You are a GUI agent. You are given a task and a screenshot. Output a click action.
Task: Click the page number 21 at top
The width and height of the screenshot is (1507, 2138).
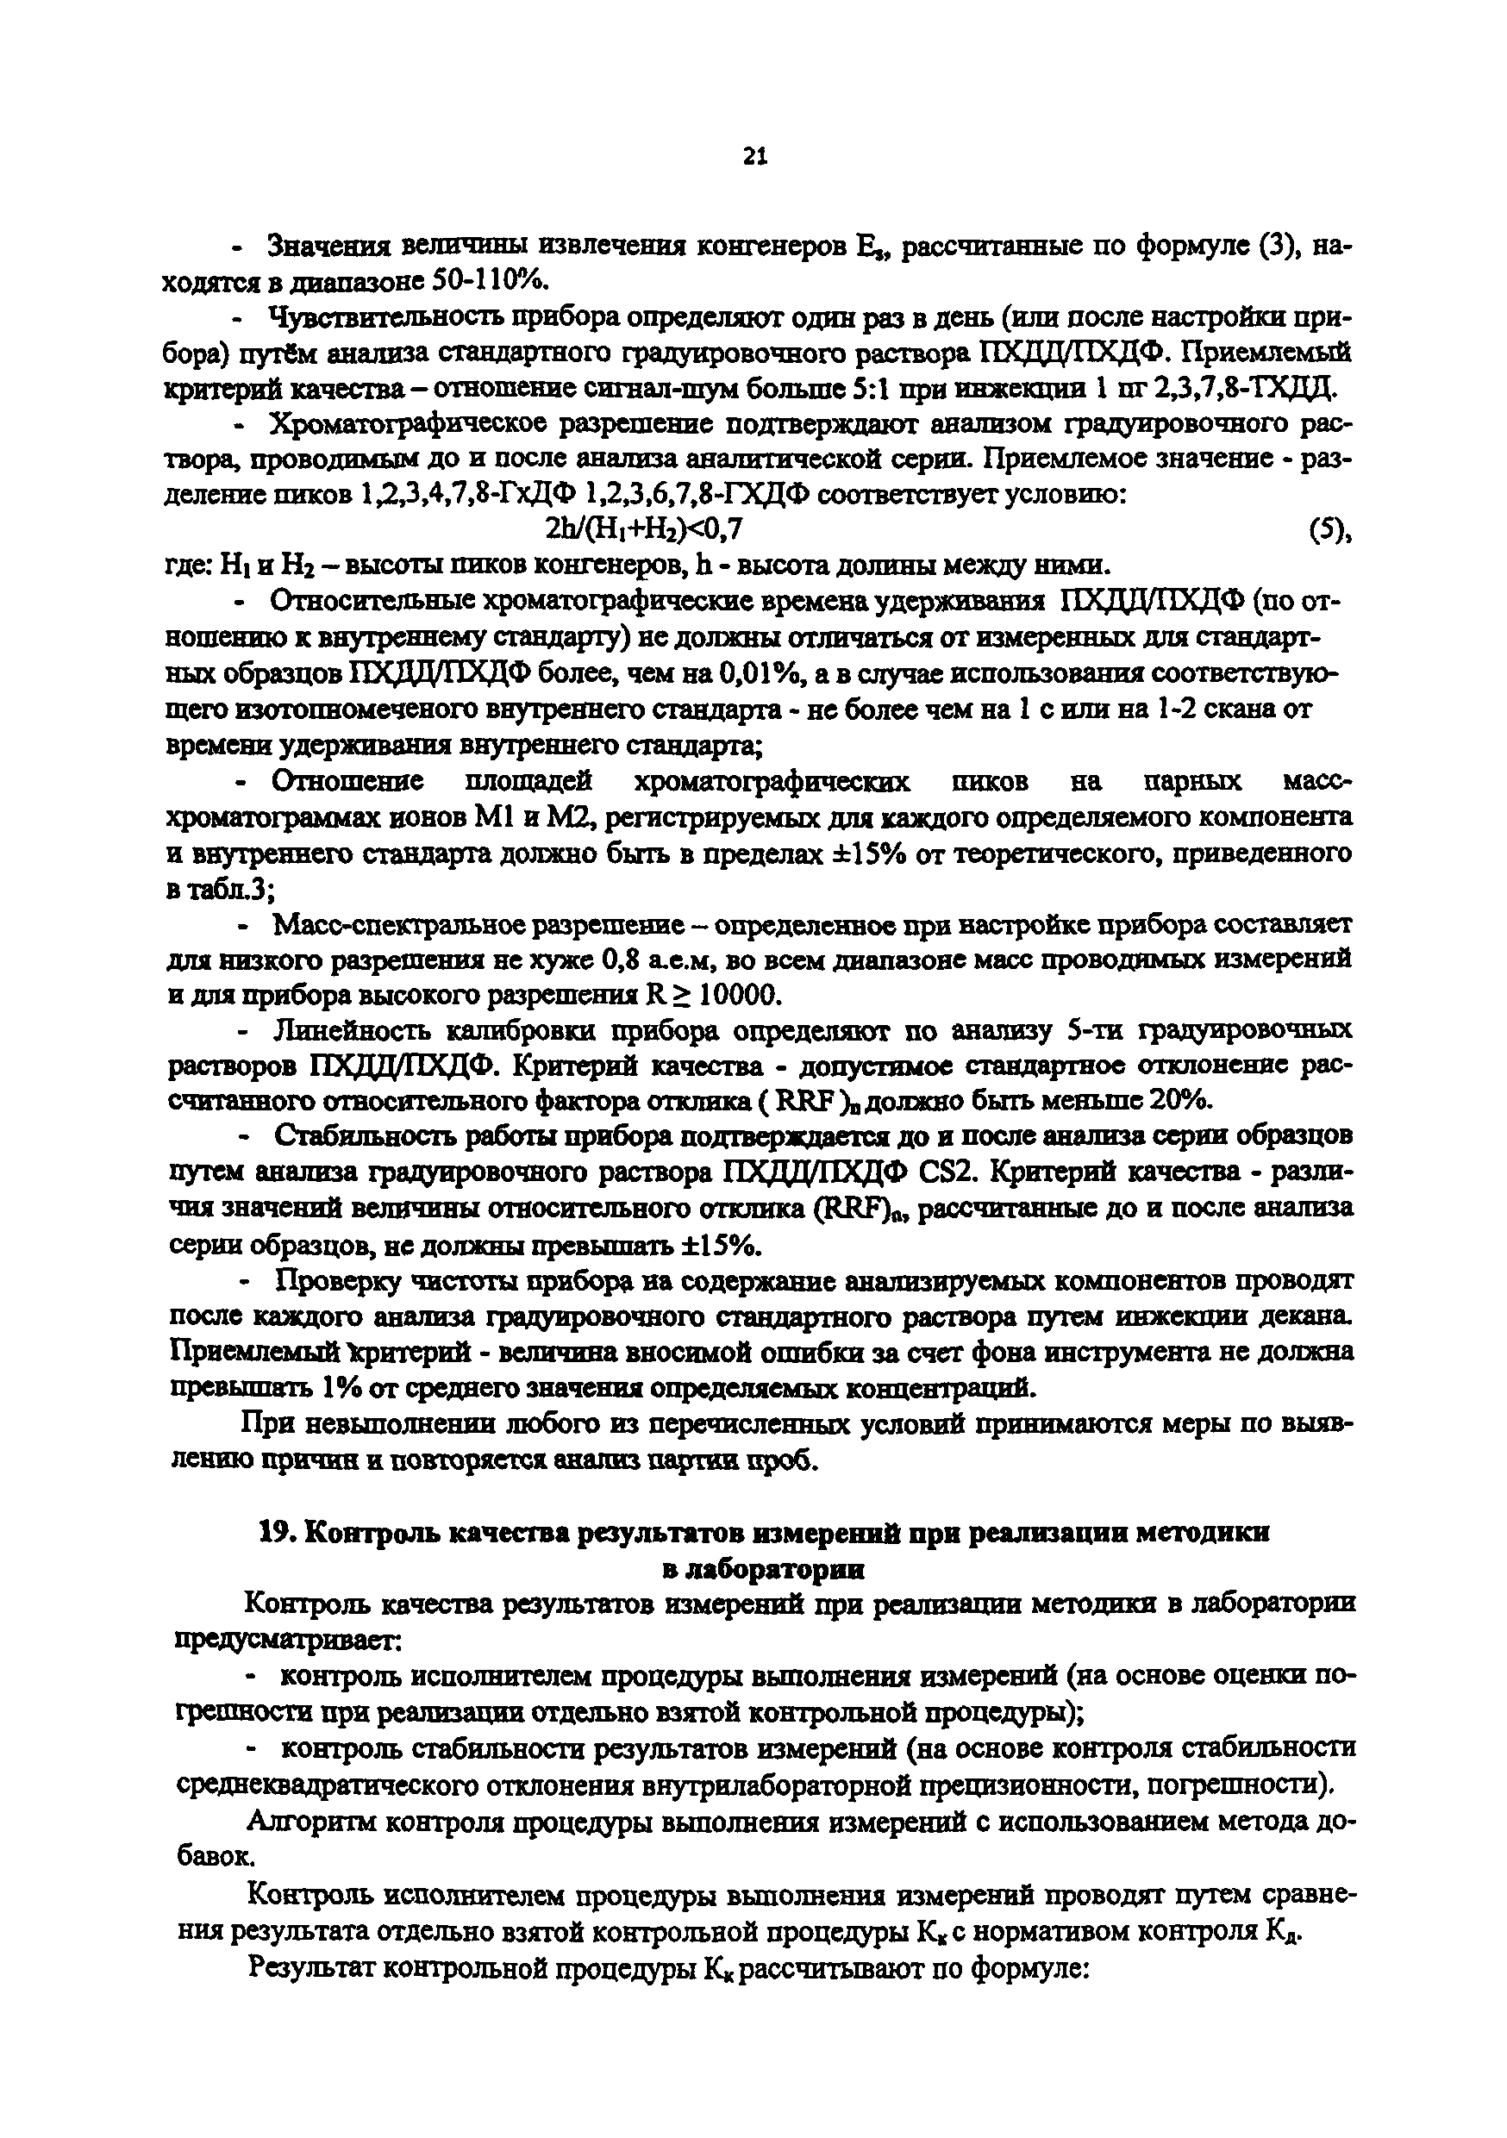point(754,158)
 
